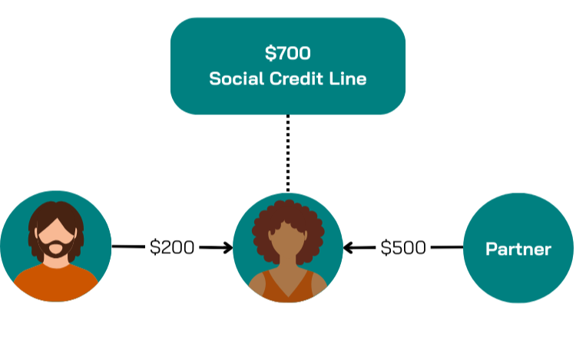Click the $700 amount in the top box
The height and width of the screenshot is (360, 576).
(x=287, y=53)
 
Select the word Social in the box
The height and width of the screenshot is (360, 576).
(x=233, y=79)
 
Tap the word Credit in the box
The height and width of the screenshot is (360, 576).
(x=297, y=79)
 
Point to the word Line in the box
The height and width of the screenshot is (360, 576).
(x=346, y=79)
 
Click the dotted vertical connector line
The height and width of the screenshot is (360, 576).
(x=287, y=154)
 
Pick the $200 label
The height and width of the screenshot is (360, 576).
(x=172, y=247)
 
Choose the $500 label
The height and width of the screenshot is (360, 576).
(x=403, y=247)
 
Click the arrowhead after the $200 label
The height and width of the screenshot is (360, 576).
(x=227, y=247)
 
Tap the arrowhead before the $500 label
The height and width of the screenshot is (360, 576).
(x=349, y=247)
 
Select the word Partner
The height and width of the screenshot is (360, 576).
(x=518, y=249)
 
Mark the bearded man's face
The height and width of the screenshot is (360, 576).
(x=55, y=230)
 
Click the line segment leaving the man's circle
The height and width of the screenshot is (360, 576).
(x=128, y=247)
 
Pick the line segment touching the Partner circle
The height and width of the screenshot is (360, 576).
(x=447, y=247)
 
